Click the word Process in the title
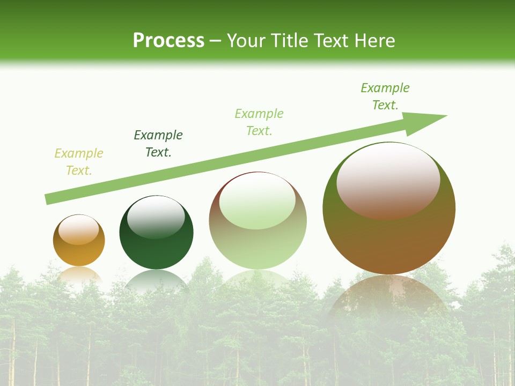168,41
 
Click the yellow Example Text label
79,162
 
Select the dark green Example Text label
158,144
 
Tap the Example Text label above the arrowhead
385,96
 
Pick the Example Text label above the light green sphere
259,122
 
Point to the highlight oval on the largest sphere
388,181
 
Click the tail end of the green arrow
48,199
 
